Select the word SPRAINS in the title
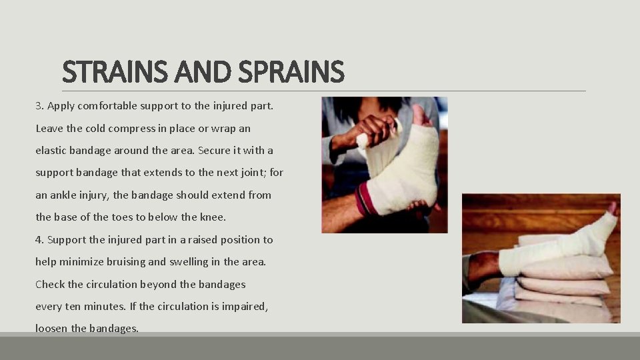(293, 72)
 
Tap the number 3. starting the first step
(39, 106)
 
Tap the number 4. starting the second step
(39, 239)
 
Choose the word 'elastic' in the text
(51, 151)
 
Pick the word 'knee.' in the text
(212, 217)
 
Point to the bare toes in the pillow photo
(611, 211)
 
